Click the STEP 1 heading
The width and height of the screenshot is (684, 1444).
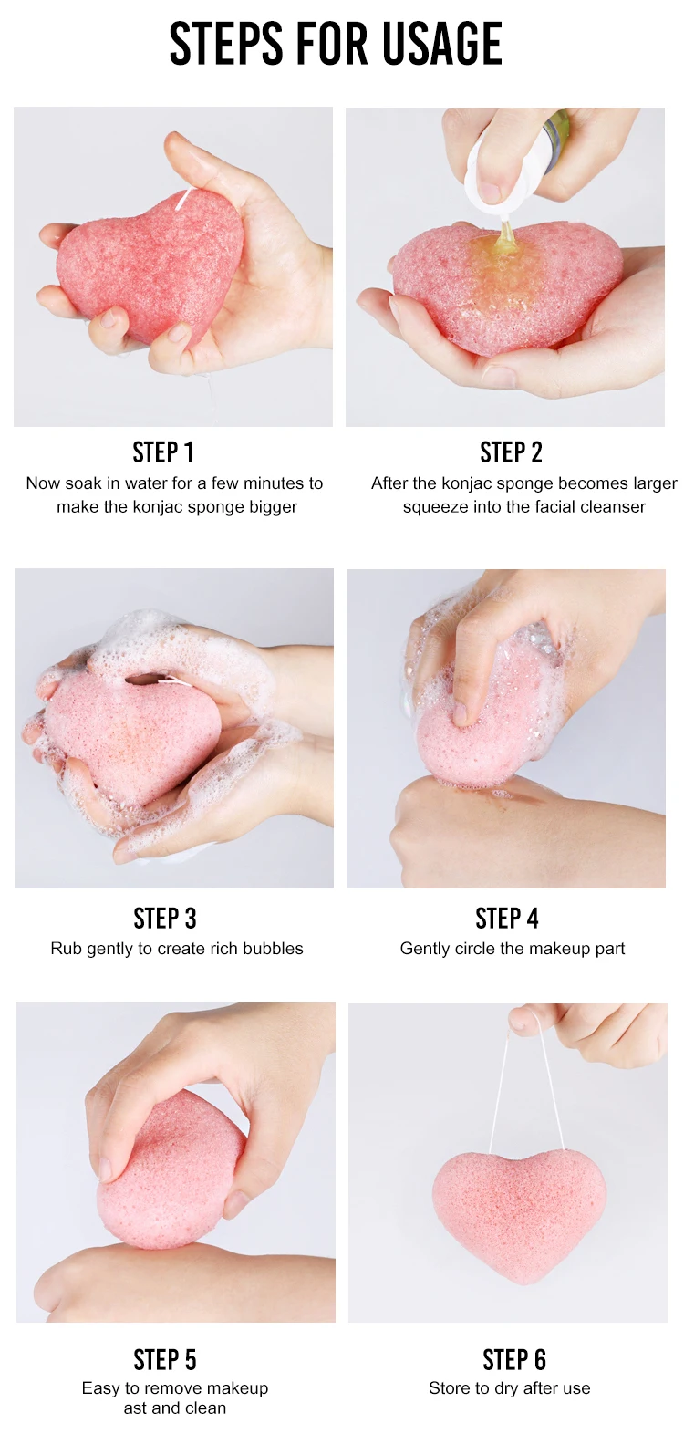point(163,452)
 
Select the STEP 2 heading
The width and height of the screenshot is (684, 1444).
point(512,452)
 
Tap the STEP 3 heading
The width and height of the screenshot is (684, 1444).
point(164,919)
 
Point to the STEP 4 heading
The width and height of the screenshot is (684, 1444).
point(507,919)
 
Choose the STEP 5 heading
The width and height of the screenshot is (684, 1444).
point(164,1360)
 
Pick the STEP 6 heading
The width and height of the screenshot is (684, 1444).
point(514,1360)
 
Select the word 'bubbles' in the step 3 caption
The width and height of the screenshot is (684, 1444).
point(272,949)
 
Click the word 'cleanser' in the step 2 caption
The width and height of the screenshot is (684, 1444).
point(613,506)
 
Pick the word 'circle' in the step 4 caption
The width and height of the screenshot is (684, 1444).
point(472,949)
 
